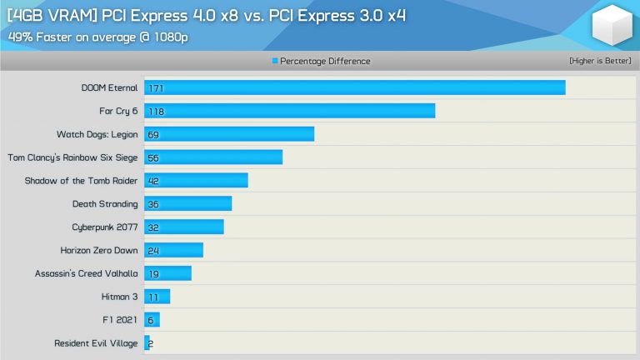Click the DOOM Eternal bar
355,87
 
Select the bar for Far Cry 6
290,111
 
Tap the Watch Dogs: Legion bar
229,134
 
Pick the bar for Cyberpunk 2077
184,227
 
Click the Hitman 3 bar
157,296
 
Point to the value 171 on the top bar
154,87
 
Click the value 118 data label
154,111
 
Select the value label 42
152,181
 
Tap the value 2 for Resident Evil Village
151,342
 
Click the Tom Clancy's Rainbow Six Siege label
72,157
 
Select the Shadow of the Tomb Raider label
81,180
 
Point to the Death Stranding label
105,203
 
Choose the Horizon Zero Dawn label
99,250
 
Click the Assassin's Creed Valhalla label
87,273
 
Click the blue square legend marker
275,62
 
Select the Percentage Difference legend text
325,62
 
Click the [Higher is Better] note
600,62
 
